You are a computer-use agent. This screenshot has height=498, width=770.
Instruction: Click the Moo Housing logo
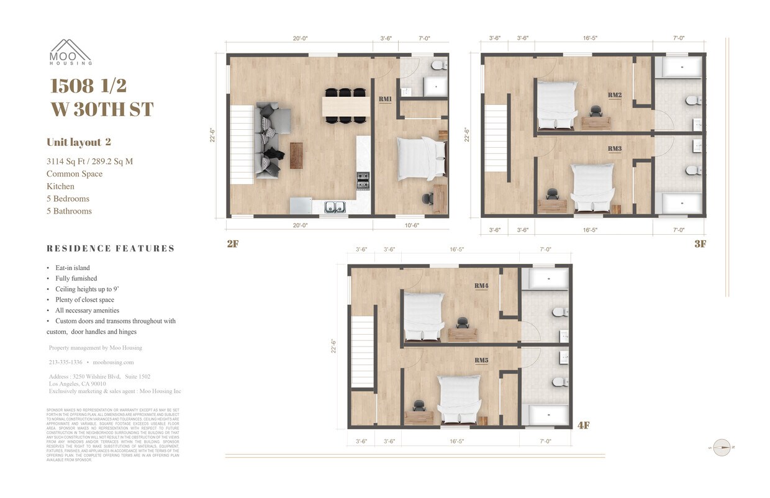[71, 52]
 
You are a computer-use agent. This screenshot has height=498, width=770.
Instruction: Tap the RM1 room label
[385, 99]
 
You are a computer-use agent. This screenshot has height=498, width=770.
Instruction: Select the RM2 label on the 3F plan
[615, 95]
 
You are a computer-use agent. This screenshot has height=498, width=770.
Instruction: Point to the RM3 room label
[615, 149]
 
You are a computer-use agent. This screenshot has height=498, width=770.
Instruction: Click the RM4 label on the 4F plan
[481, 286]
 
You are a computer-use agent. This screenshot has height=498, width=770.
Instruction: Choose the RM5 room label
[481, 360]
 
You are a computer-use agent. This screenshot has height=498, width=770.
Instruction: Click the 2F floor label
[232, 244]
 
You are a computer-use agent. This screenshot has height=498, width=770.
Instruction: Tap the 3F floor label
[700, 244]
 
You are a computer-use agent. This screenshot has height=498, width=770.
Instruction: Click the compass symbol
[722, 447]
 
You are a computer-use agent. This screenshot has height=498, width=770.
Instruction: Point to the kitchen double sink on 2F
[335, 207]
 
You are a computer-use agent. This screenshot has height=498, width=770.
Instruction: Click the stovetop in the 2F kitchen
[363, 181]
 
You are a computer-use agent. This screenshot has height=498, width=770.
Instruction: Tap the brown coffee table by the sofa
[296, 155]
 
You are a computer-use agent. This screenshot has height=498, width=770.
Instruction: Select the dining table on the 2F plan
[346, 106]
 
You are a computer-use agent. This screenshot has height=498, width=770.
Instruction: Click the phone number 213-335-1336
[65, 362]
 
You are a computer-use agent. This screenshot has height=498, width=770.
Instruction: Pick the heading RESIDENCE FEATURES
[111, 248]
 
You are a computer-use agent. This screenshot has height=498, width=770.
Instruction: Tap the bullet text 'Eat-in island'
[72, 268]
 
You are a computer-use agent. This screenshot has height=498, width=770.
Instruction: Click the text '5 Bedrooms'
[68, 199]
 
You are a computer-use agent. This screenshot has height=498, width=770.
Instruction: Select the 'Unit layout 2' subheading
[78, 142]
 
